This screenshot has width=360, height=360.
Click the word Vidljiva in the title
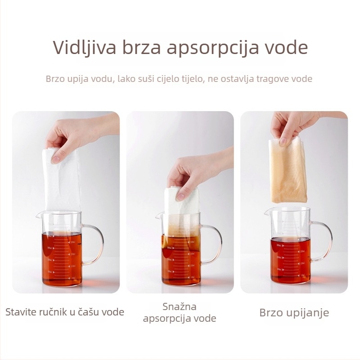[85, 48]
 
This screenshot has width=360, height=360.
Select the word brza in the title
[141, 47]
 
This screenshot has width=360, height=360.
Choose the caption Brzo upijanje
[294, 313]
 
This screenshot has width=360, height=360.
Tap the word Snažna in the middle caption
[180, 306]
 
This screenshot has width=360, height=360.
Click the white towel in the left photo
[63, 181]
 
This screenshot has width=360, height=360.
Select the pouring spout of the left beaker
[38, 216]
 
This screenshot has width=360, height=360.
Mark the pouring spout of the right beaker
[266, 212]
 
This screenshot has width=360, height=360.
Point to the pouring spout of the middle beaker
[158, 216]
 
